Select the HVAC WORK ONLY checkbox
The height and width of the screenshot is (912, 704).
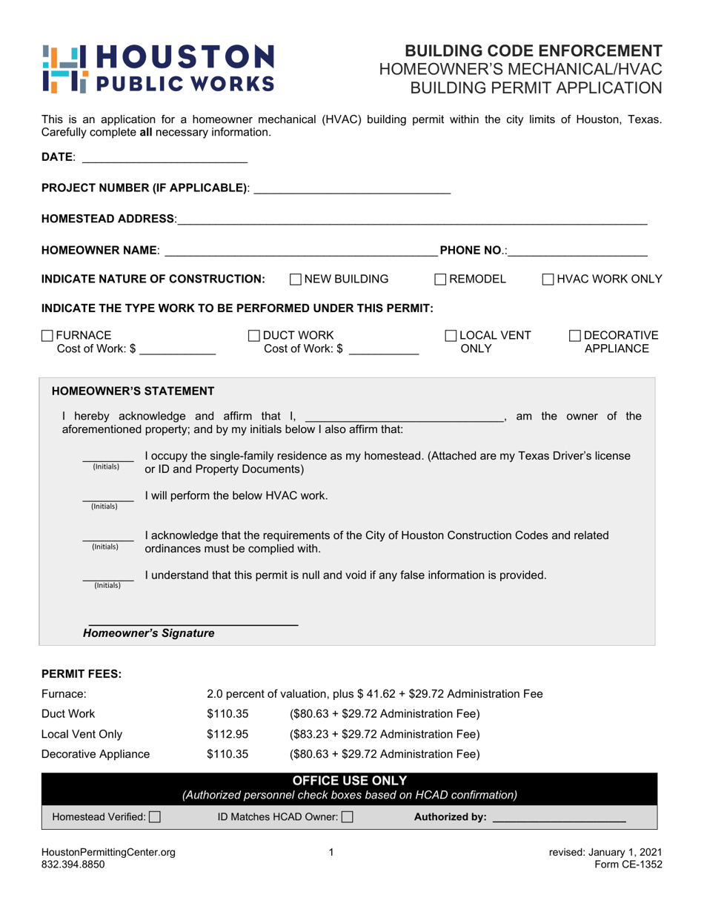click(x=548, y=279)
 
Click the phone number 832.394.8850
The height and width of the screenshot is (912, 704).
click(x=73, y=865)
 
